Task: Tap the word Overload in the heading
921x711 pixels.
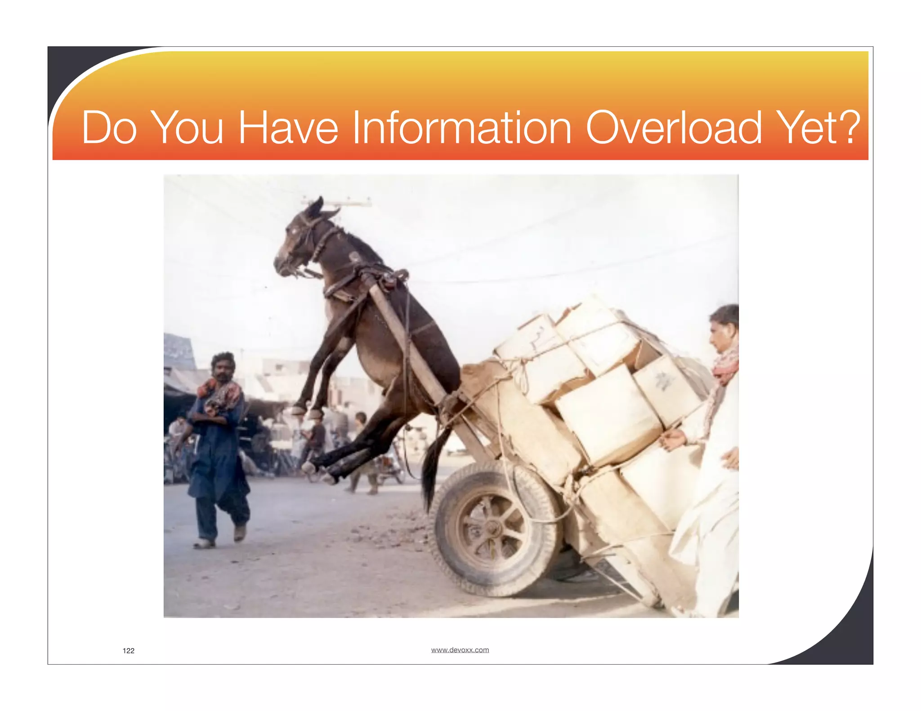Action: tap(674, 129)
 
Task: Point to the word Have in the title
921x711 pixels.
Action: tap(288, 129)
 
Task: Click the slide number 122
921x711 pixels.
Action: tap(129, 650)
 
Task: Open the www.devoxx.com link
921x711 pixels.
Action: tap(460, 650)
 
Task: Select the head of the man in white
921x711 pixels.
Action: tap(724, 328)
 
